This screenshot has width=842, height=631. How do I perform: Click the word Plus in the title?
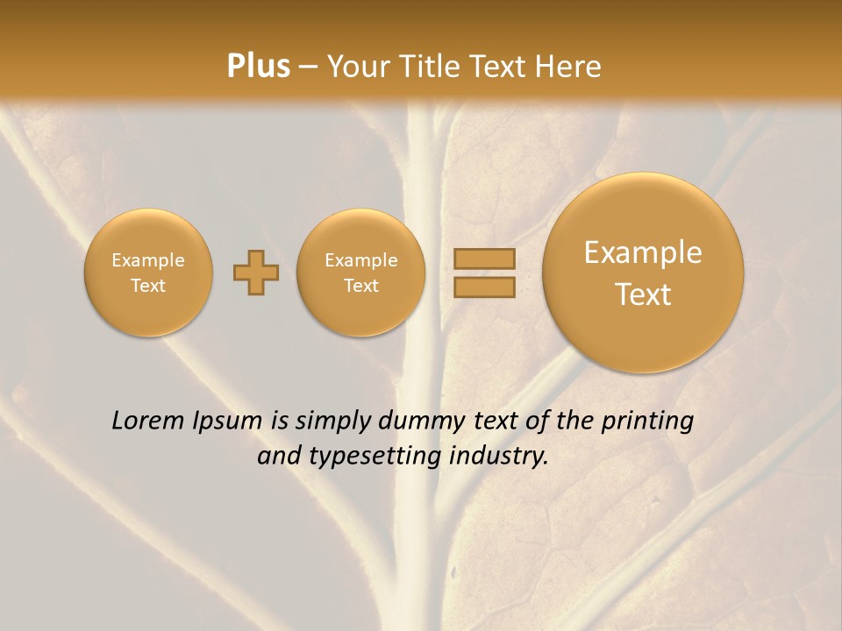[x=258, y=67]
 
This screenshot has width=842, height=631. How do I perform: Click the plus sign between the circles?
[x=256, y=273]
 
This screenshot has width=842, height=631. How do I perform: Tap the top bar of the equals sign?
[x=483, y=259]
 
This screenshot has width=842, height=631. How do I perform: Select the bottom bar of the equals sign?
[x=483, y=287]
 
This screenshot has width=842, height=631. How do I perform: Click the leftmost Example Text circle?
[x=148, y=273]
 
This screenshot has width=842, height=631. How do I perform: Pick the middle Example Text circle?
[x=361, y=273]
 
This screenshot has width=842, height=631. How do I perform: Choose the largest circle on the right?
[x=643, y=273]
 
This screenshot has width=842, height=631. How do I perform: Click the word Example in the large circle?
[x=643, y=252]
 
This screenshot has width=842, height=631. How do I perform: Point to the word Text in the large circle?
[x=643, y=294]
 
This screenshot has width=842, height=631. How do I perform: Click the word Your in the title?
[x=357, y=67]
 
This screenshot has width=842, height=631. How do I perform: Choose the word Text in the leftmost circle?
[x=148, y=286]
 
